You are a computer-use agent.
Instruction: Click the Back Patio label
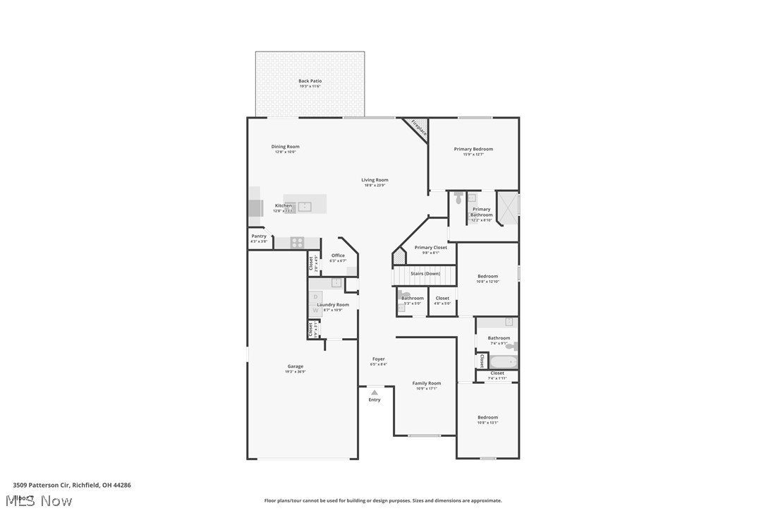(310, 81)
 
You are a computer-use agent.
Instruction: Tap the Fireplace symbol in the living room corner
(418, 128)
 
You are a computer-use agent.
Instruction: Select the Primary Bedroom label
(473, 149)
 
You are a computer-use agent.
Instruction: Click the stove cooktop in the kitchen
(297, 242)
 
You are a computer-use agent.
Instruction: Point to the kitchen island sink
(305, 206)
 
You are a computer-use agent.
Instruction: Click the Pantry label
(259, 236)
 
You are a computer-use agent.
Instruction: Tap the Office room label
(338, 255)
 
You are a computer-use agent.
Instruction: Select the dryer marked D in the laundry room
(315, 297)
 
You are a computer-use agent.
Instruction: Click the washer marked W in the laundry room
(315, 310)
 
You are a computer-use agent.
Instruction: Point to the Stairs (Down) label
(425, 273)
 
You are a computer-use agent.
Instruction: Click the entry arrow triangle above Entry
(374, 390)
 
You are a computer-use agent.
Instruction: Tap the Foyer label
(379, 359)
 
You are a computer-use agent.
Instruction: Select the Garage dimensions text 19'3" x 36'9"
(296, 372)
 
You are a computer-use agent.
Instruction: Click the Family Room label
(427, 383)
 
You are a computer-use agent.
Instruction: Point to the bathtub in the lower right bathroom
(504, 362)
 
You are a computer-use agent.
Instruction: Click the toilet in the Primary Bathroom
(458, 200)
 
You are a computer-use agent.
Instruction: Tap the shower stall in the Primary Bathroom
(508, 207)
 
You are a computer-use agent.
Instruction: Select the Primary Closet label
(430, 248)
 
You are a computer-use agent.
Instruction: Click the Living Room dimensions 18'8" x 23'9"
(375, 186)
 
